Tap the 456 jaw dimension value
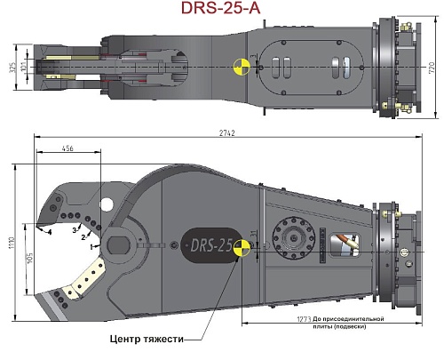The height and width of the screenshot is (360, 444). pyautogui.click(x=67, y=150)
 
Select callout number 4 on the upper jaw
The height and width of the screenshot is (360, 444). pyautogui.click(x=50, y=232)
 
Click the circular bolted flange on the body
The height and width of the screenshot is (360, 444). pyautogui.click(x=292, y=237)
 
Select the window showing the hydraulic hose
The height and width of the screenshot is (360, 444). pyautogui.click(x=344, y=244)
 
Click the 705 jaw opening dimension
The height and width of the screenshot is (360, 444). pyautogui.click(x=29, y=259)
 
